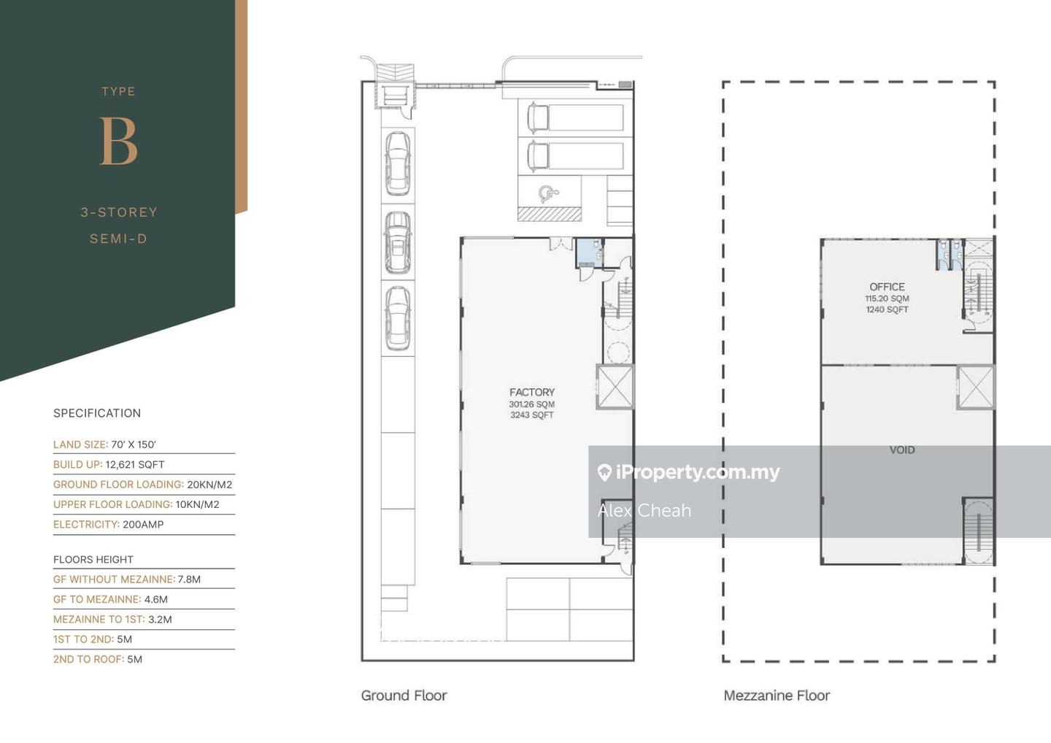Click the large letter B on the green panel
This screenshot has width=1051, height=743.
(119, 141)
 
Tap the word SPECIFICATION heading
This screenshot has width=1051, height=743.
(97, 413)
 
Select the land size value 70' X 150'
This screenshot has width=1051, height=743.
(134, 444)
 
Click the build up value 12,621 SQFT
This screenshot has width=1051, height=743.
(135, 464)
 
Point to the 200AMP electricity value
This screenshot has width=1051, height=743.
(143, 525)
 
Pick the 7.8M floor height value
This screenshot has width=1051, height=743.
(189, 580)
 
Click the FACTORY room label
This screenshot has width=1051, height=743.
(532, 392)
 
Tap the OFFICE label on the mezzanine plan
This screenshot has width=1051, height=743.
(887, 287)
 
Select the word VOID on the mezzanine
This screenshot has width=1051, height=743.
(902, 450)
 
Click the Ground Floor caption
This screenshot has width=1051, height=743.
(404, 695)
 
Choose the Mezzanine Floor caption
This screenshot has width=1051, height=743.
(777, 695)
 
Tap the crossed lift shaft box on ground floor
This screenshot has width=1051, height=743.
(615, 388)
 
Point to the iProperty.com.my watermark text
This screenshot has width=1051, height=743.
(689, 472)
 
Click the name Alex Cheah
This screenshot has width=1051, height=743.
(644, 510)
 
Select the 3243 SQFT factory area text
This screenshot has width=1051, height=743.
(532, 415)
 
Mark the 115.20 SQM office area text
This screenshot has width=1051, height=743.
(888, 299)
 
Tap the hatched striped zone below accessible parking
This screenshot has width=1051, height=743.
(550, 214)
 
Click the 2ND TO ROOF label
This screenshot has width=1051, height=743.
(89, 659)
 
